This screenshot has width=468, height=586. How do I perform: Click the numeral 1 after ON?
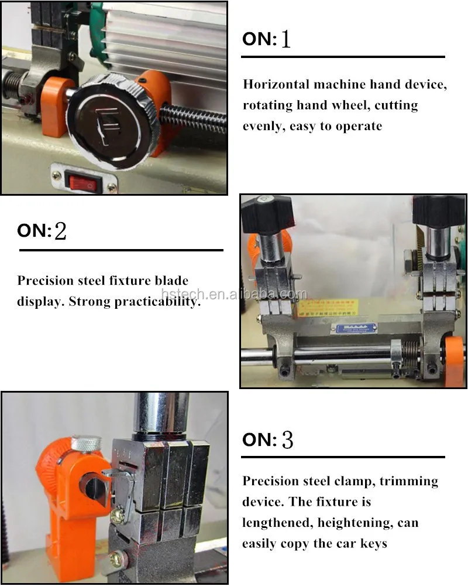pyautogui.click(x=285, y=39)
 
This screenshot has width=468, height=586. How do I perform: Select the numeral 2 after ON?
pyautogui.click(x=60, y=231)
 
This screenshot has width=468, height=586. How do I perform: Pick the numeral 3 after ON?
pyautogui.click(x=287, y=440)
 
